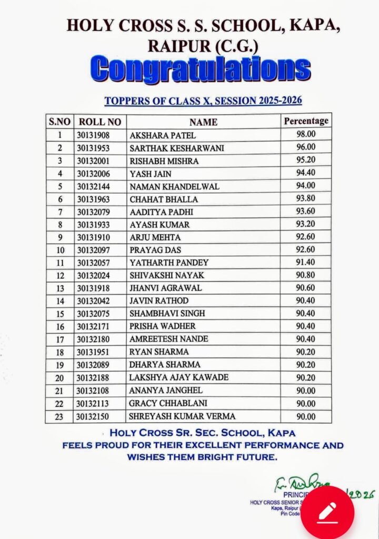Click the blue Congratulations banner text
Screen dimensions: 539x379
point(201,70)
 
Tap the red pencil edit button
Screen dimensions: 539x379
point(327,511)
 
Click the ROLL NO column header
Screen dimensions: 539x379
point(99,122)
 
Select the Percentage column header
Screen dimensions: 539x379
point(306,121)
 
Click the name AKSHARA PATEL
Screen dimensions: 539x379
point(155,135)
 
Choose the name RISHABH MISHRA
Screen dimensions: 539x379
point(164,161)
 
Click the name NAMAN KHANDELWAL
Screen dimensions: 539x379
point(174,186)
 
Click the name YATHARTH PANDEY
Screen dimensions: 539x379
point(169,262)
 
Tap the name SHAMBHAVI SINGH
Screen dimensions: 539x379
point(167,313)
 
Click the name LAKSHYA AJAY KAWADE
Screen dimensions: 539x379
point(178,377)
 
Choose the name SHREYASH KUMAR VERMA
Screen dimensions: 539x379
point(182,416)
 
